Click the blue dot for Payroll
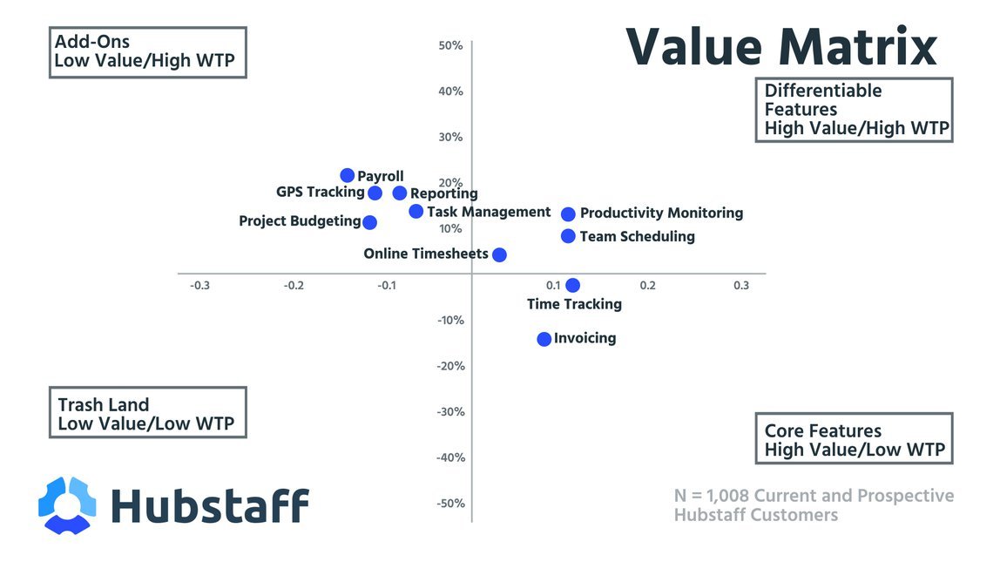pos(348,175)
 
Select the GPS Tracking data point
pos(375,193)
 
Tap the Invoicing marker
pos(544,339)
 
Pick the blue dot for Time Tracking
pos(572,285)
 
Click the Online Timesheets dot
pos(499,254)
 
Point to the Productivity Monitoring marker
pos(568,213)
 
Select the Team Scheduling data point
pos(568,236)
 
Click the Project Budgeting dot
pos(369,222)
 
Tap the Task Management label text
pos(489,212)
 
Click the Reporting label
pos(444,193)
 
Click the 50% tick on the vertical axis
pos(450,45)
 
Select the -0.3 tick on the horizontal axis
pos(199,286)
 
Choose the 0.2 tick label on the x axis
pos(647,286)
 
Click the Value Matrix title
pos(781,47)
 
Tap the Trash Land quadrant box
pos(147,413)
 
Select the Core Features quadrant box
pos(854,439)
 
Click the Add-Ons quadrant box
pos(147,51)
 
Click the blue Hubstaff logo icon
pos(67,505)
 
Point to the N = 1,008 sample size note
pos(814,505)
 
